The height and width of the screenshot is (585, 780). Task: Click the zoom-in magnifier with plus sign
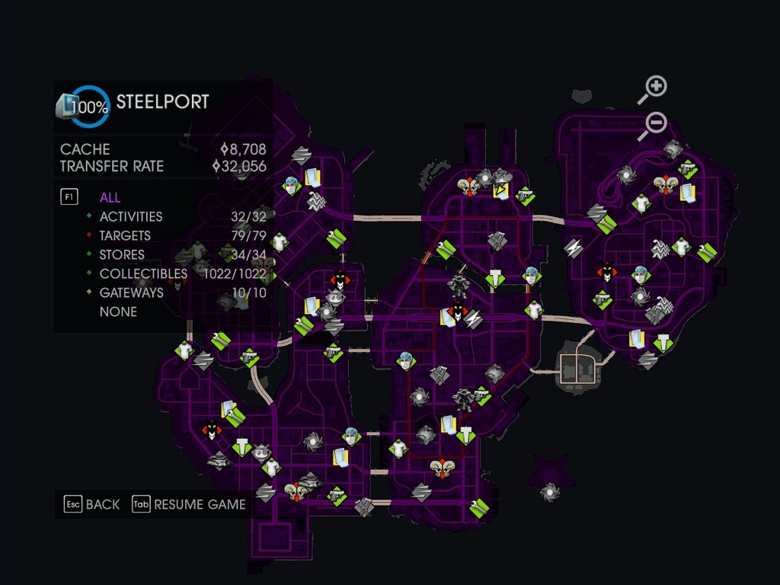(x=654, y=88)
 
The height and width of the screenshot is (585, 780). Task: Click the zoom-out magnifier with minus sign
(x=653, y=124)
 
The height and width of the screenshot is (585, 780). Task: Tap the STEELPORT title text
(x=162, y=102)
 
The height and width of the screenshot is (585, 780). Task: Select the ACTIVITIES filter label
(x=130, y=216)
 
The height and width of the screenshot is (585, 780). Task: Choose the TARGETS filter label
(x=125, y=235)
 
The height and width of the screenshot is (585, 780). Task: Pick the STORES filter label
(x=122, y=254)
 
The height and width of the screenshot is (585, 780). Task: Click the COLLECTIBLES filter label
(x=143, y=273)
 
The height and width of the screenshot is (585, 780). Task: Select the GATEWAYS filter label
(x=131, y=292)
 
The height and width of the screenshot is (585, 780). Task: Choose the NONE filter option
(x=118, y=312)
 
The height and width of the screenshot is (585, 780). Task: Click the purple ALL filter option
(x=110, y=197)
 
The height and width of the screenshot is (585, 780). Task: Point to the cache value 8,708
(x=243, y=149)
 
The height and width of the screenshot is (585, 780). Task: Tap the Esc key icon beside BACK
(x=72, y=504)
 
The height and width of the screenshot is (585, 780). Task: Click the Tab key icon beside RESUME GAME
(x=141, y=504)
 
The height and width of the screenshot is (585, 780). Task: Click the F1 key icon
(x=69, y=197)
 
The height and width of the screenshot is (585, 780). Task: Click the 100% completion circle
(x=90, y=107)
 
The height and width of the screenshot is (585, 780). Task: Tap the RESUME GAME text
(x=200, y=504)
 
